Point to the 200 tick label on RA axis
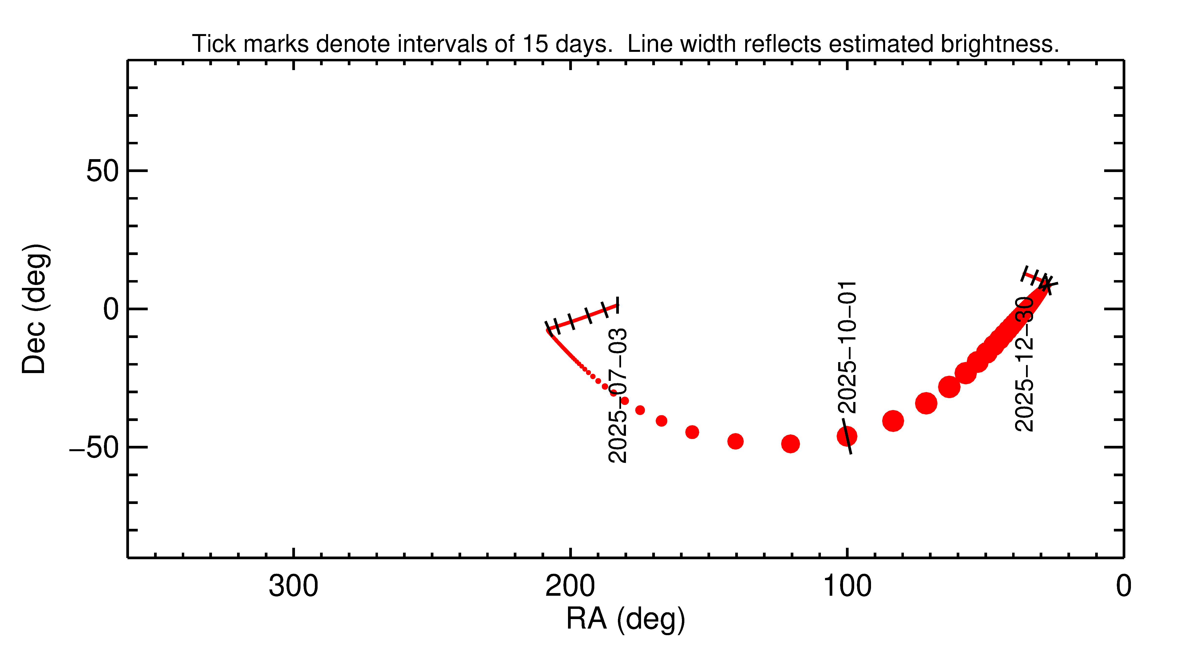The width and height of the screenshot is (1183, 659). point(570,586)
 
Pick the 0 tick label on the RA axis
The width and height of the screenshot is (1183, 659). point(1123,586)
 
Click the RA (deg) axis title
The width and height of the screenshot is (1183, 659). point(625,620)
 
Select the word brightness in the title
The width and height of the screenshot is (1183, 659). point(999,44)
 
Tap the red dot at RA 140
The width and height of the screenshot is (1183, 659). point(735,441)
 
